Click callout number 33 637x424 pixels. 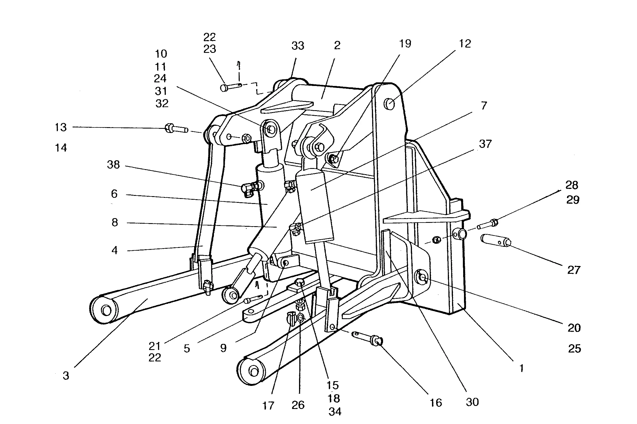(298, 46)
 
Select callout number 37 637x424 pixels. (485, 144)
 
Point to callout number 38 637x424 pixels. (113, 165)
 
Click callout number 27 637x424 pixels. (574, 270)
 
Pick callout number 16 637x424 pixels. (436, 403)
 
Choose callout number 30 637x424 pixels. (472, 402)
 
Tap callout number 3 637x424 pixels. (66, 376)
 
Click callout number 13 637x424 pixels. (61, 127)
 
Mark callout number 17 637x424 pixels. (268, 406)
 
